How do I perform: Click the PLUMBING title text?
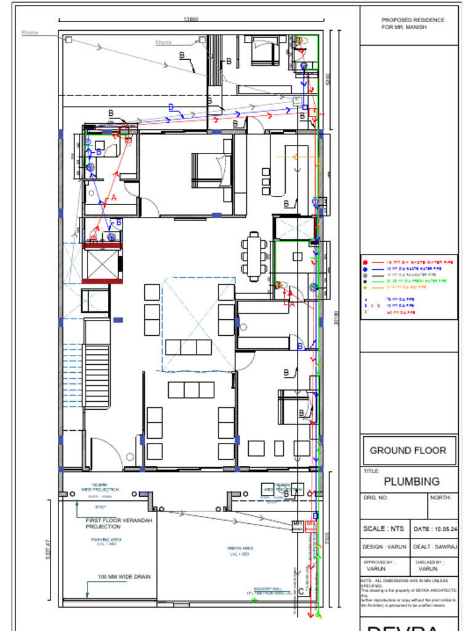(411, 481)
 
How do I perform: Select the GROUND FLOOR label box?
(408, 450)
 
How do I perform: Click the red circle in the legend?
(366, 263)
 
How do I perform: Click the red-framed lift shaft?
(102, 263)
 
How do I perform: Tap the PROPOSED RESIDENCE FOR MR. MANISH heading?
(413, 24)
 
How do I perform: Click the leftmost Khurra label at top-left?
(30, 32)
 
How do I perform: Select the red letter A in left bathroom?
(113, 198)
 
